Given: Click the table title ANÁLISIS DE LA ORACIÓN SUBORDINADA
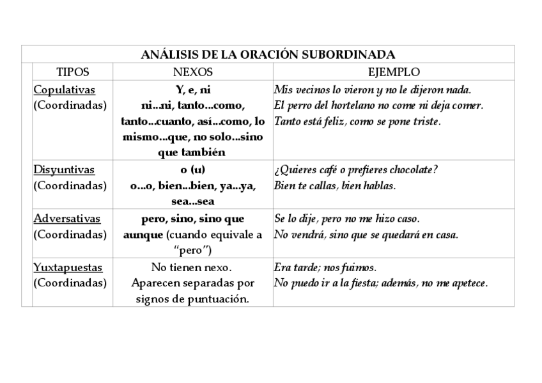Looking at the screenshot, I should [x=268, y=54].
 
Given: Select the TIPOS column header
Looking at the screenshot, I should [x=73, y=72].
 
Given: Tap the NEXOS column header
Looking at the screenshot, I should [x=192, y=72].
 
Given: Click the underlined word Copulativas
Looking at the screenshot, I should [x=64, y=90].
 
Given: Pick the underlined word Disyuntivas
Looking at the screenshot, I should [x=64, y=170].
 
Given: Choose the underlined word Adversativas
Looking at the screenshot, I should [x=66, y=219].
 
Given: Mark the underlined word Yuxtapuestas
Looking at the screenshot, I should [x=68, y=267].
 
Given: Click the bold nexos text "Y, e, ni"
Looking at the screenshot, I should [x=192, y=90].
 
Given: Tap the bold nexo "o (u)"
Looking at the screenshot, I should [x=192, y=170].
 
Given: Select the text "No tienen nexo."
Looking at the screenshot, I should [x=192, y=267].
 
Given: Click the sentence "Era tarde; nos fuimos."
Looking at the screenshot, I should [x=325, y=267].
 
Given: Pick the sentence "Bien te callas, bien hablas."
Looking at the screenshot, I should [x=334, y=186].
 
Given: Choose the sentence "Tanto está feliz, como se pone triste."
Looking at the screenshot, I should [x=357, y=121].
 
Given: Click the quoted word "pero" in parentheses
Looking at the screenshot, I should [x=192, y=250].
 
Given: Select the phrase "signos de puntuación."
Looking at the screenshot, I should [x=192, y=299].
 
